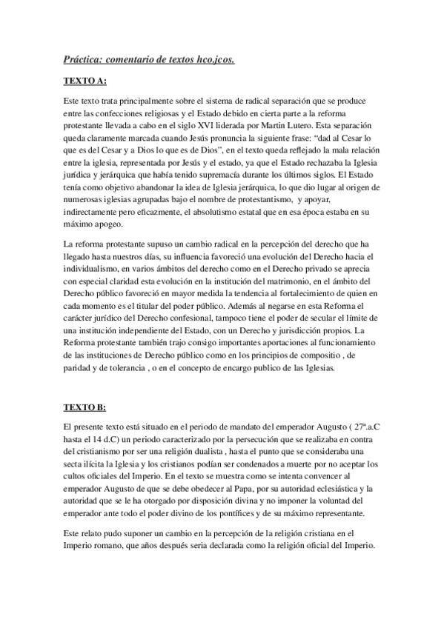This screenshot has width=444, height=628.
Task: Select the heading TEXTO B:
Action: pyautogui.click(x=85, y=408)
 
